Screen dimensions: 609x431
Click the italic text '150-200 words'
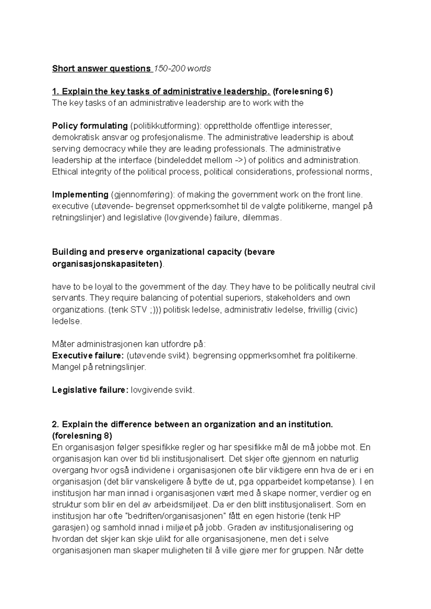coord(182,69)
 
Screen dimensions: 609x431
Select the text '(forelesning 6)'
coord(303,91)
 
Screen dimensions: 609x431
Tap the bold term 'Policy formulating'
coord(90,126)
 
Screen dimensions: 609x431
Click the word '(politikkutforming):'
coord(165,126)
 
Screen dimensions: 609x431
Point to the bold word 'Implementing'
coord(80,195)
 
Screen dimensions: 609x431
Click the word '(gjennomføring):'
coord(143,195)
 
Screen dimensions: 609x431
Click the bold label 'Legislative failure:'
coord(90,390)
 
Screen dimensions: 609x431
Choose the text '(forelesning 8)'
coord(82,436)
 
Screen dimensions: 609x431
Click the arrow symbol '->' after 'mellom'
coord(238,160)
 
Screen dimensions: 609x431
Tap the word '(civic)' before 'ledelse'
coord(346,310)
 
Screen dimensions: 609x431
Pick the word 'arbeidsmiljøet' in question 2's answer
coord(182,505)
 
